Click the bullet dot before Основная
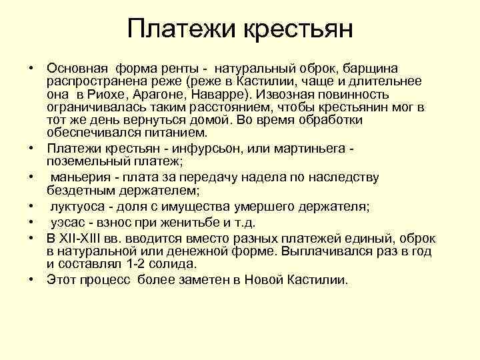(31, 69)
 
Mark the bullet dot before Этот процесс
(31, 279)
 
